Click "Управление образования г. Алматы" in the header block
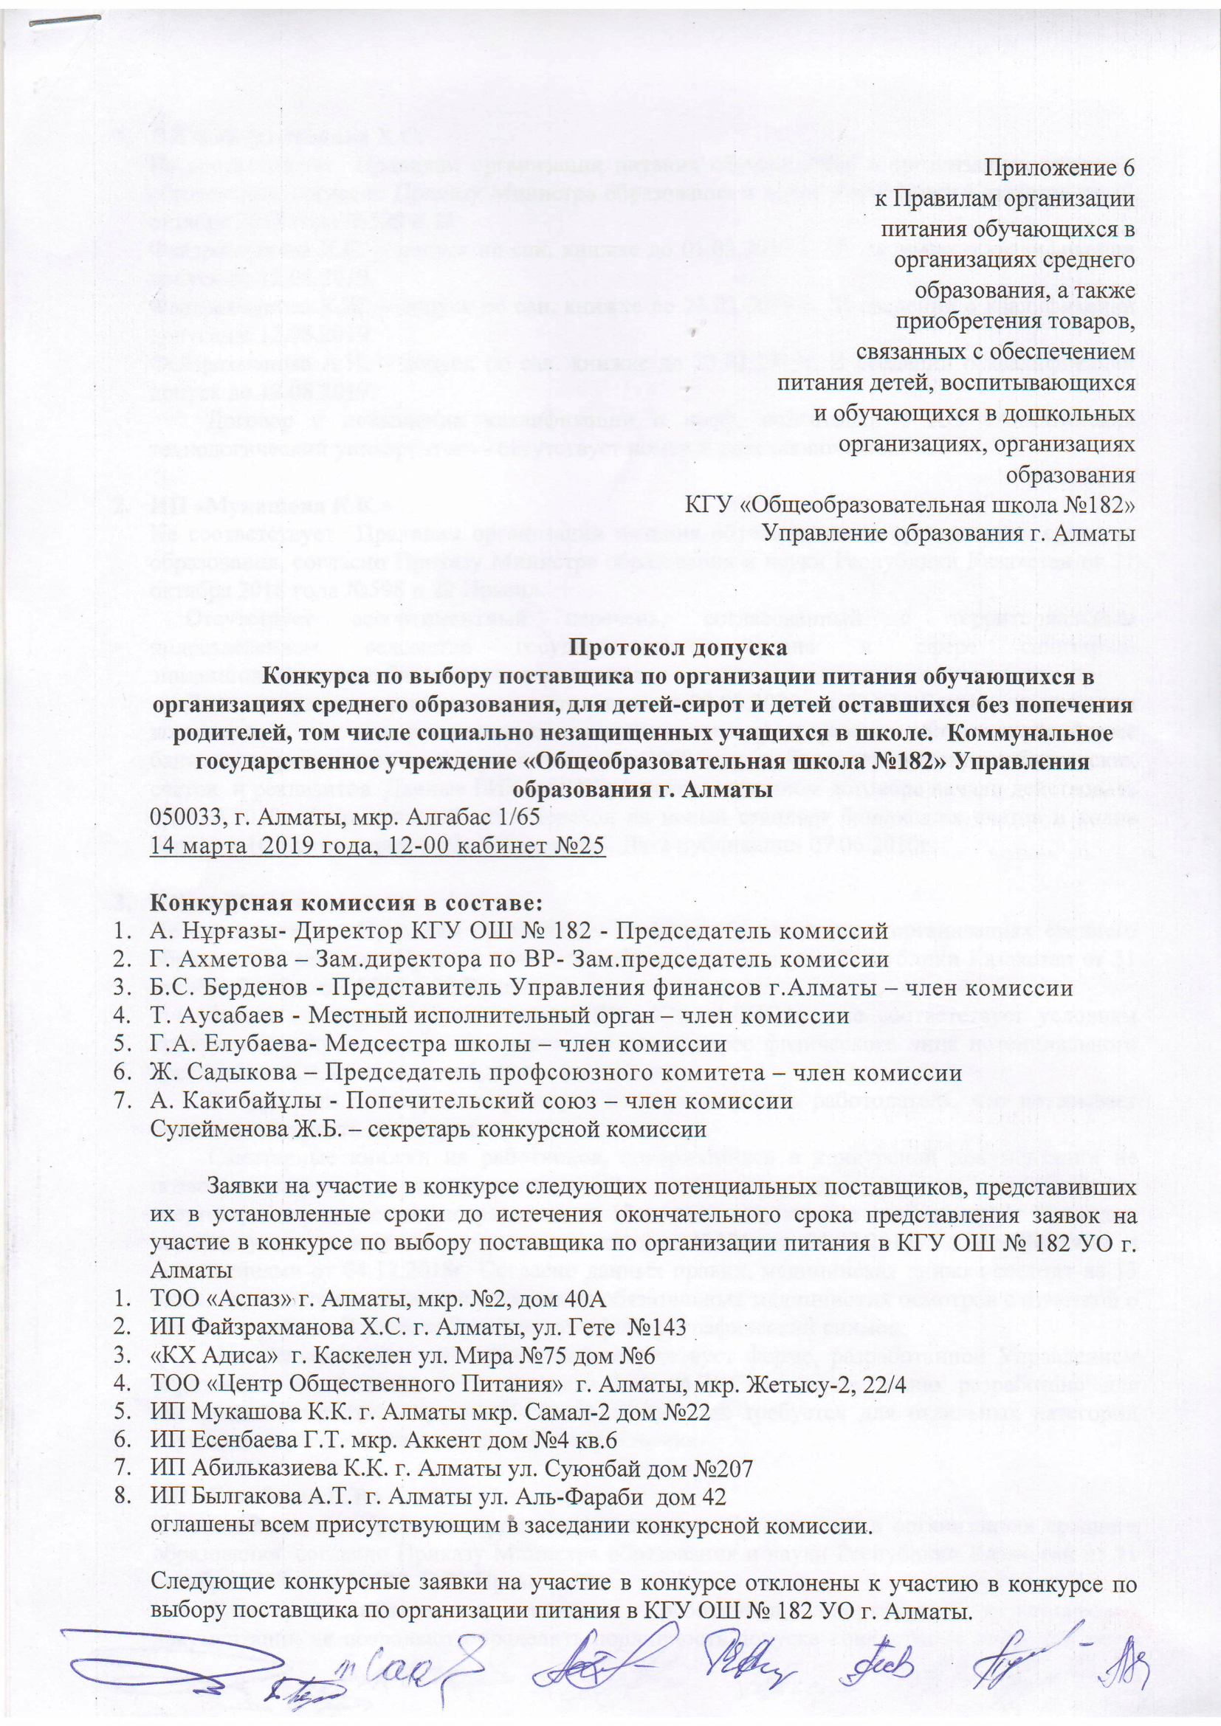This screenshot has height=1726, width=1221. (x=948, y=534)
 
